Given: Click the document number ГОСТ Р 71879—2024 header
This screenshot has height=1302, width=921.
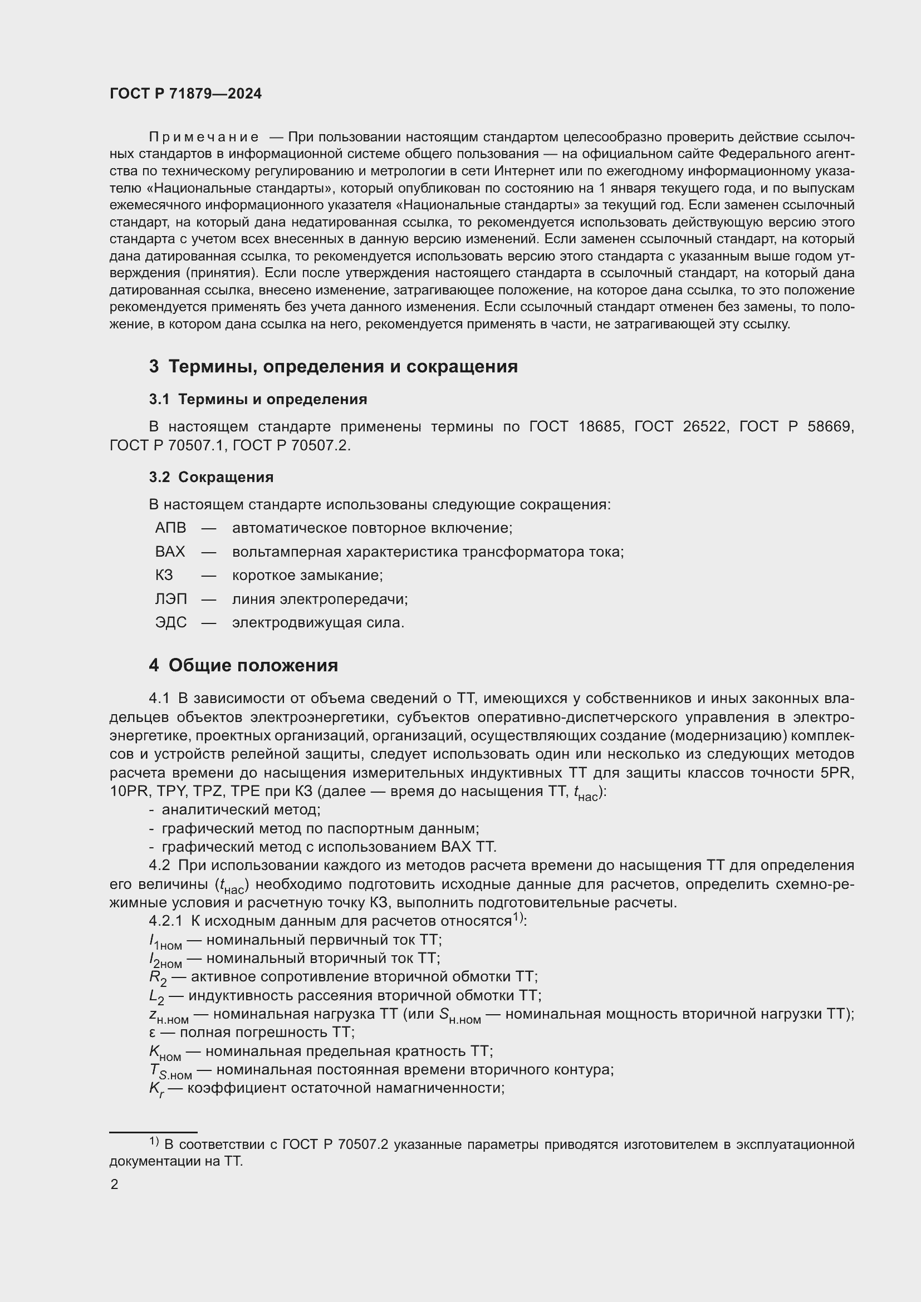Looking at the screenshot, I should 185,94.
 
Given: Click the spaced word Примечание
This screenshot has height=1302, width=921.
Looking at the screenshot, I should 204,137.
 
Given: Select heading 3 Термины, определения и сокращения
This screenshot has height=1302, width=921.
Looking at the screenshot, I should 333,366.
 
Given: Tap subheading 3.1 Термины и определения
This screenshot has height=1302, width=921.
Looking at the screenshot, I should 258,399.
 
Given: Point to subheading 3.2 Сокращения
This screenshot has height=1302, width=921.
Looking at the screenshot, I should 211,477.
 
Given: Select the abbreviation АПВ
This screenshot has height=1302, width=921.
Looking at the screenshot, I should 170,528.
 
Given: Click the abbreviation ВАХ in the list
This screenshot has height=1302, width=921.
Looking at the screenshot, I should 170,552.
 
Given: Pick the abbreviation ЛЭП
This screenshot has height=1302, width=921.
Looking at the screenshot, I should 171,599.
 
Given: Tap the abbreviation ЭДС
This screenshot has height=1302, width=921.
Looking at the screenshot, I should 171,623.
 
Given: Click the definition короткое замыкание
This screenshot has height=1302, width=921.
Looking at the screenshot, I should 307,575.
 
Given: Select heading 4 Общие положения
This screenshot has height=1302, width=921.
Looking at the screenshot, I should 243,665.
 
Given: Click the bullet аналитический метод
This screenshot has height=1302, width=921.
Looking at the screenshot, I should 241,810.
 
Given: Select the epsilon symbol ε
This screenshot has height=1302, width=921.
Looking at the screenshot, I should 152,1032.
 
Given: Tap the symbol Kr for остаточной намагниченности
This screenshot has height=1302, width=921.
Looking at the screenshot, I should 156,1089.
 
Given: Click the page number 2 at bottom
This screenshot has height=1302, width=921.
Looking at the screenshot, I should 115,1184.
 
